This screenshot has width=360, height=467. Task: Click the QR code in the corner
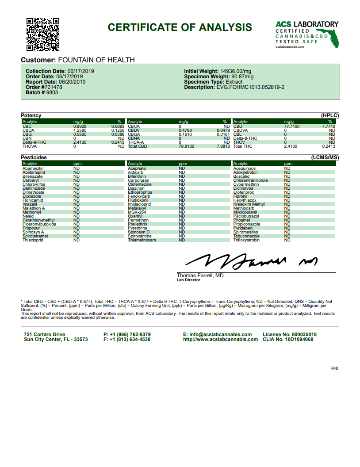point(43,34)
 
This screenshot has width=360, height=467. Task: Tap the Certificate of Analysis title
point(180,27)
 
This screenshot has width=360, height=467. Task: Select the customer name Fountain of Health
point(96,60)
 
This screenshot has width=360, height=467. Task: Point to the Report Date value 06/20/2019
point(72,82)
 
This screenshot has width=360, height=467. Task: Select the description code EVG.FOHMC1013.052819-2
point(250,87)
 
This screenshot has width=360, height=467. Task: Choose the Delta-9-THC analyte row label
point(34,142)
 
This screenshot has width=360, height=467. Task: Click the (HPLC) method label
point(330,115)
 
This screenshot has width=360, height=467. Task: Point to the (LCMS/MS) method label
point(325,157)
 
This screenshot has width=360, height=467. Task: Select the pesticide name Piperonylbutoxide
point(39,224)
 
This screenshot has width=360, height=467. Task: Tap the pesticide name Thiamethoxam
point(142,240)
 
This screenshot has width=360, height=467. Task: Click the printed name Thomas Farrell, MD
point(200,276)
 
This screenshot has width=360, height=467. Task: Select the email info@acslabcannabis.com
point(217,334)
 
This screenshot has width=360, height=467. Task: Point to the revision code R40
point(334,368)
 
